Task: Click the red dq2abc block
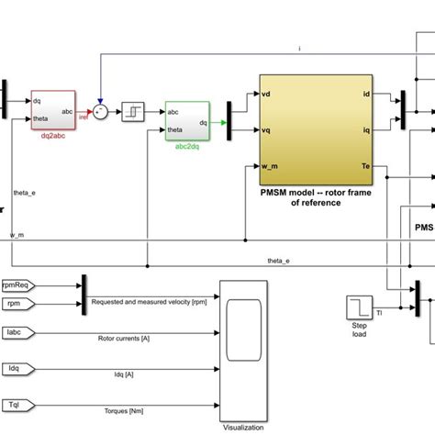pos(52,110)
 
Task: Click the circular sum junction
pos(101,111)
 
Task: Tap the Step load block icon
pos(357,308)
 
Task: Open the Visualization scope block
pos(242,349)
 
